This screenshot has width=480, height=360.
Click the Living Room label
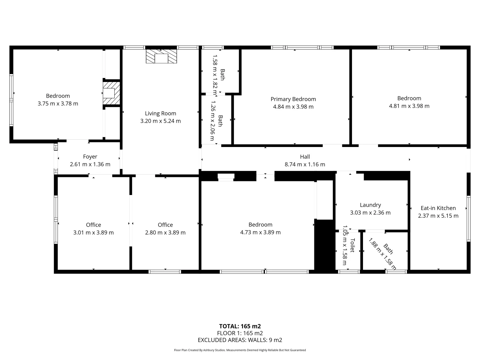[160, 113]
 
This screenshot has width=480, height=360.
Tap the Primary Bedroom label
[293, 99]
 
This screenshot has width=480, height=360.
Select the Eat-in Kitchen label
[438, 208]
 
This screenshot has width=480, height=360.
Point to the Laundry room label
[370, 205]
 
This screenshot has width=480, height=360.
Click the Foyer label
[90, 157]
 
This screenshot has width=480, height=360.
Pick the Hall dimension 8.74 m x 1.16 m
[305, 164]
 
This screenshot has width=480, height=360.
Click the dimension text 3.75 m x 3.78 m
[58, 104]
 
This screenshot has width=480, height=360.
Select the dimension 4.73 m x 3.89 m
[260, 232]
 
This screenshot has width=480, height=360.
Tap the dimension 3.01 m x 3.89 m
[93, 232]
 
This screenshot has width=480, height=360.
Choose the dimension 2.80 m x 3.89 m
[165, 232]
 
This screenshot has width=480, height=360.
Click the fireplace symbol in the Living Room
[161, 56]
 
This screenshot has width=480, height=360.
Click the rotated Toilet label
[352, 245]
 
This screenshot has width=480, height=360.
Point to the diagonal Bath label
[388, 249]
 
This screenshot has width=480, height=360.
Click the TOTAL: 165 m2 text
[240, 326]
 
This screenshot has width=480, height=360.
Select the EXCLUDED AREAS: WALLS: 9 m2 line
[240, 340]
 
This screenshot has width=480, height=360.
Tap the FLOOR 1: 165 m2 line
[240, 333]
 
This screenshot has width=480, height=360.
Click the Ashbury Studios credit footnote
[240, 350]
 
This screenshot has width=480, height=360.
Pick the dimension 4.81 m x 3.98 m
[409, 106]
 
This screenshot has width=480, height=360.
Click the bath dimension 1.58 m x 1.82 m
[215, 74]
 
